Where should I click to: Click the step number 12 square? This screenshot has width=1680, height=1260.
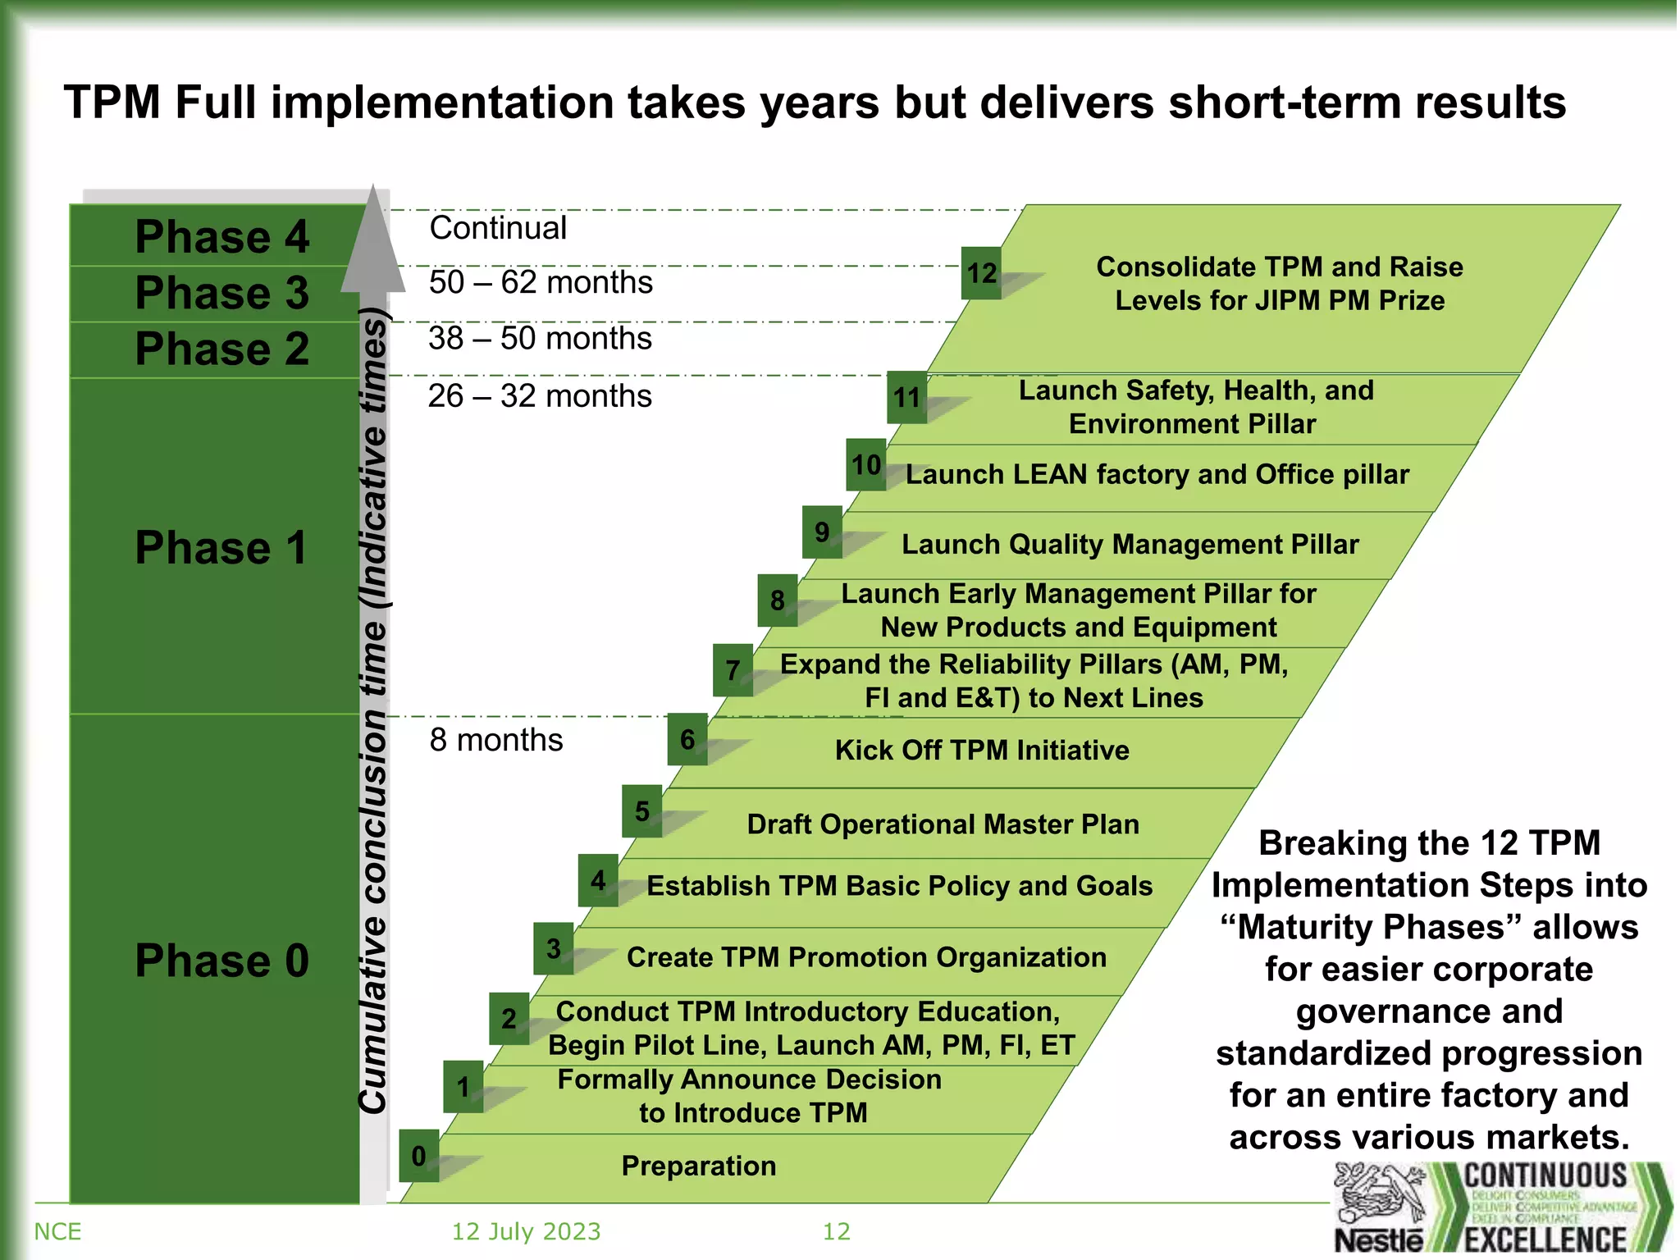coord(981,273)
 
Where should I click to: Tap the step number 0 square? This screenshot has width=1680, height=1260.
coord(418,1156)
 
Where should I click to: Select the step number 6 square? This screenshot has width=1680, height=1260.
coord(687,739)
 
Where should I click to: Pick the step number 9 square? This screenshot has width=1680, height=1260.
coord(822,532)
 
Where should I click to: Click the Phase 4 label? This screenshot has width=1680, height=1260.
coord(221,237)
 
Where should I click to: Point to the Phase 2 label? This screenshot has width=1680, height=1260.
coord(221,349)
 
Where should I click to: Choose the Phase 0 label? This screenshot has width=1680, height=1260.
coord(221,961)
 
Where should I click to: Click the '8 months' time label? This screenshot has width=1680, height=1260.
coord(496,740)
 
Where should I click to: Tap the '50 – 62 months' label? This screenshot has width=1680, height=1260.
coord(541,282)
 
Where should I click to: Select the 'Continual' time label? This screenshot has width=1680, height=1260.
coord(498,228)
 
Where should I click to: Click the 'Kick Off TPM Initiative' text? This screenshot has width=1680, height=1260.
coord(982,751)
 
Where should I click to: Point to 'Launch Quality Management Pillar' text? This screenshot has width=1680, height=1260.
coord(1130,545)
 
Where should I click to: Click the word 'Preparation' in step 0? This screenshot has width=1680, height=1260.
coord(698,1166)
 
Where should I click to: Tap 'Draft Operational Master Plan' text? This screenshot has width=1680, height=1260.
coord(943,824)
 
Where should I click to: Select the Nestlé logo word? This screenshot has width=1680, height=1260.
coord(1379,1239)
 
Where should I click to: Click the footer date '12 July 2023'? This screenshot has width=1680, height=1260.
coord(526,1231)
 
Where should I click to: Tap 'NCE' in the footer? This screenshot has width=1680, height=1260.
coord(57,1231)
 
